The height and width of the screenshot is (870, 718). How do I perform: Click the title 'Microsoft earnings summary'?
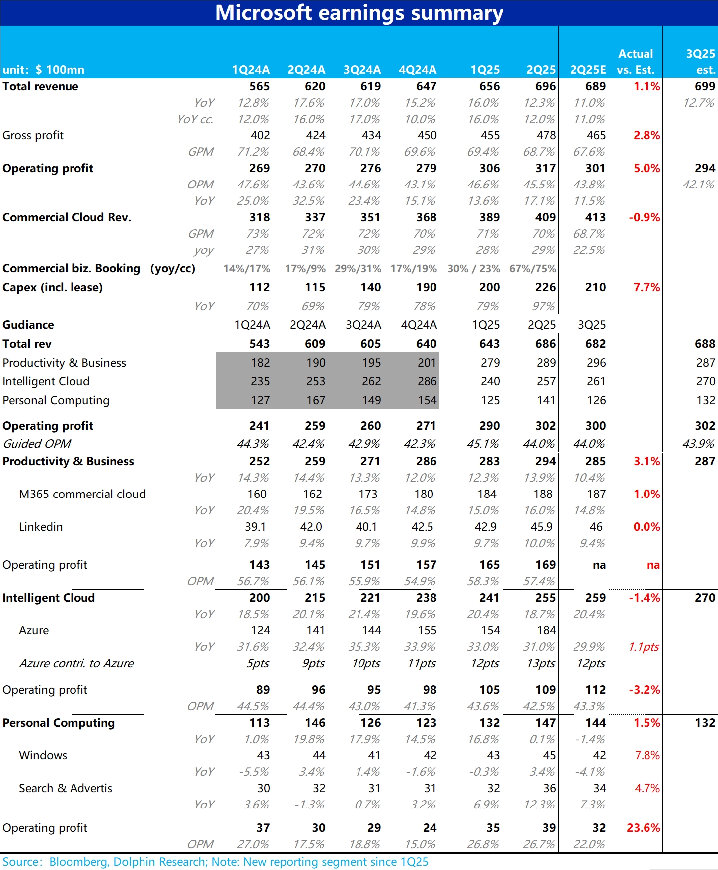(359, 13)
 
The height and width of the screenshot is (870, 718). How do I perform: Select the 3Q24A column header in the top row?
(362, 70)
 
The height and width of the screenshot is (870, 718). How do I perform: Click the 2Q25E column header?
(588, 70)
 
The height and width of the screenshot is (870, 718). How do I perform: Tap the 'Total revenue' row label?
(40, 86)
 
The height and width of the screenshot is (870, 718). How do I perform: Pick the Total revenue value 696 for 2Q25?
(545, 86)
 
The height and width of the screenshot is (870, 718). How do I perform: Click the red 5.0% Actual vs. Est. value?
(646, 168)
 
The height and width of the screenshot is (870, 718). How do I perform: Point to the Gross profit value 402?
(260, 135)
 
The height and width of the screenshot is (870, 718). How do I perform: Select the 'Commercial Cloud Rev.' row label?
(67, 217)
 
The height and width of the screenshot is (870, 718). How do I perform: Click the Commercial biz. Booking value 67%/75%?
(532, 269)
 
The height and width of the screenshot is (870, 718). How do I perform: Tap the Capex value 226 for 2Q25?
(545, 287)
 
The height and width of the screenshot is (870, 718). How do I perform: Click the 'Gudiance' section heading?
(28, 325)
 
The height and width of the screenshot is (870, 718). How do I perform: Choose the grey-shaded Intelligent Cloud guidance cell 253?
(316, 381)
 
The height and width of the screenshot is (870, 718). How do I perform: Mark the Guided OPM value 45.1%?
(482, 444)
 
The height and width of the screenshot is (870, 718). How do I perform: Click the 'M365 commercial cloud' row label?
(82, 494)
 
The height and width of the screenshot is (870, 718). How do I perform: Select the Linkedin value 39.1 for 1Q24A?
(255, 527)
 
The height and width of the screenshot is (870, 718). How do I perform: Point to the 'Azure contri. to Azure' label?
(76, 663)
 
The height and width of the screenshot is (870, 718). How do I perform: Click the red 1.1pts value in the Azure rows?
(644, 647)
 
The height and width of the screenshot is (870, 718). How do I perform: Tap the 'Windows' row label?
(43, 755)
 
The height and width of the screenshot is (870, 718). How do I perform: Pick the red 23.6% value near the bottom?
(643, 828)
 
